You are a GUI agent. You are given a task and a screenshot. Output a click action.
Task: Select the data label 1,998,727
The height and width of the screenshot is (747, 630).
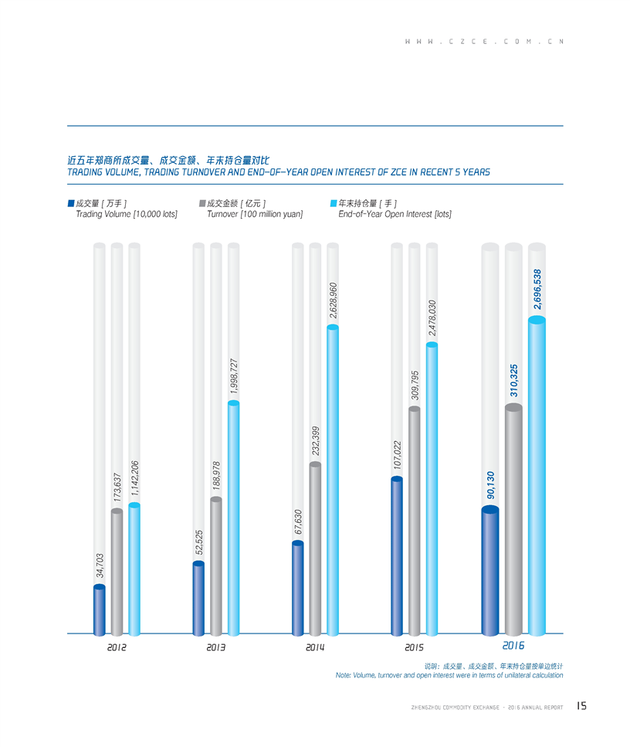(234, 376)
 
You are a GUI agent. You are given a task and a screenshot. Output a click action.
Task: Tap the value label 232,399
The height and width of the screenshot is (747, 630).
(315, 443)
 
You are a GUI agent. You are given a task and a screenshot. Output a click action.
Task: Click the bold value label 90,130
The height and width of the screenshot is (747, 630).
(489, 484)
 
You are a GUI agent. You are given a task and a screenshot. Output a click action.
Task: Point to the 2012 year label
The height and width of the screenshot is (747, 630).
(117, 647)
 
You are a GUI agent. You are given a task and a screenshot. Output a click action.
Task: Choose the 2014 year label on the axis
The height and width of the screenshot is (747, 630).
(315, 647)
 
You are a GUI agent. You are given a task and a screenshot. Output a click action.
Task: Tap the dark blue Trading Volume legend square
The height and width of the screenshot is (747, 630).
(70, 204)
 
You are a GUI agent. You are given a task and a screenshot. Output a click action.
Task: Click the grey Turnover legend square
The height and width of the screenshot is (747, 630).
(202, 204)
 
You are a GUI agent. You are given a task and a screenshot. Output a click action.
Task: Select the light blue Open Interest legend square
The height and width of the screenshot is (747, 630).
(334, 204)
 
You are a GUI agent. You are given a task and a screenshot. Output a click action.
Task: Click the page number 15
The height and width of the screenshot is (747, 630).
(581, 706)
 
